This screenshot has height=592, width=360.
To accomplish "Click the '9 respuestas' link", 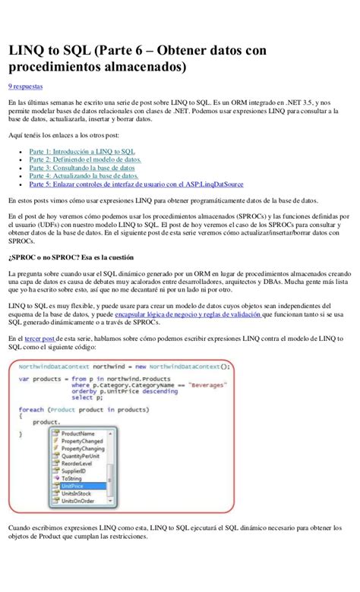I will (25, 87).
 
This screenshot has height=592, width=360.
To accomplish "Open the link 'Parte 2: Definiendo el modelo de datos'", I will (86, 160).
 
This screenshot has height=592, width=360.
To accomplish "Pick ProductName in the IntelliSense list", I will (79, 433).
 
